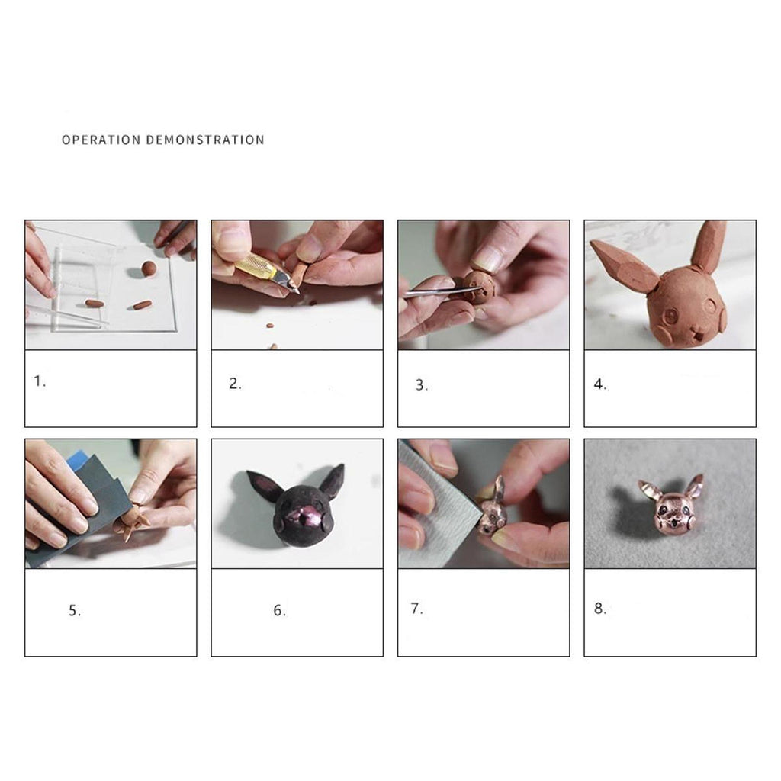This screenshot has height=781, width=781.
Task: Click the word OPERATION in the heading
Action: tap(101, 140)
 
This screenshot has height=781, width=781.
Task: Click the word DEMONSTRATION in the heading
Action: tap(204, 140)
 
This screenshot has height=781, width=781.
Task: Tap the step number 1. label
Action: tap(40, 381)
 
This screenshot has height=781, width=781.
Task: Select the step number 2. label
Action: tap(235, 384)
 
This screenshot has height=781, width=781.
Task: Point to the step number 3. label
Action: tap(421, 385)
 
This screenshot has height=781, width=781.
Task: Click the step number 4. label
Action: tap(600, 384)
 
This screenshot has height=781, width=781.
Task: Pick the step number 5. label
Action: tap(75, 611)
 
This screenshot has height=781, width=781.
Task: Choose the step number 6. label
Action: tap(279, 610)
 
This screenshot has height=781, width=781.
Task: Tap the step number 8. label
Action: tap(600, 608)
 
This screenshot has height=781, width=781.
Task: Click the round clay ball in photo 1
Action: tap(149, 268)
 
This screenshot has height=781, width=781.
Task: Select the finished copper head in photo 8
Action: tap(672, 505)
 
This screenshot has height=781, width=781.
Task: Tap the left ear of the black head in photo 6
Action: tap(264, 487)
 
